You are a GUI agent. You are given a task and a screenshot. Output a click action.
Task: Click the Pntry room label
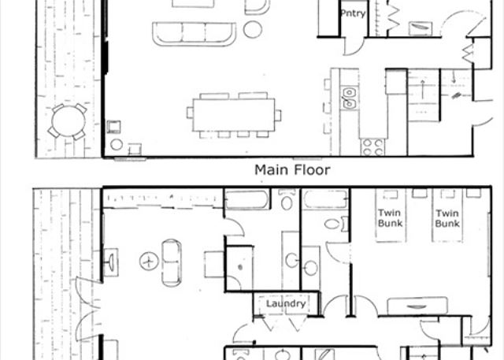coord(353,13)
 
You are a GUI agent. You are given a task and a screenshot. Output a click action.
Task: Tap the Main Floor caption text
coord(292,170)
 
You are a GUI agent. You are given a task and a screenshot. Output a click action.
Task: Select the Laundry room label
coord(286,304)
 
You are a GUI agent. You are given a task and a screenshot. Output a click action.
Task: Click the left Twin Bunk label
coord(390,218)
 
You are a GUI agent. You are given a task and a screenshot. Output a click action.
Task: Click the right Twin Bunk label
coord(447,218)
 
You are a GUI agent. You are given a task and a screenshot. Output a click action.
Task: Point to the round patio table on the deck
coord(69,121)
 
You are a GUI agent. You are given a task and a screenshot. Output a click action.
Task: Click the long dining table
coord(234,115)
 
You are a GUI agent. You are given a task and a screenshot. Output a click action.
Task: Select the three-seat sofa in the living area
coord(195,34)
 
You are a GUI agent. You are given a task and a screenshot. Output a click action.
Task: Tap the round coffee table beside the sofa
coord(253,29)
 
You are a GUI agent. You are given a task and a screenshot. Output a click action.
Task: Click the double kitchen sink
coord(349,98)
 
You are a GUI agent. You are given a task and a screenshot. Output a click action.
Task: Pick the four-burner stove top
coord(372,147)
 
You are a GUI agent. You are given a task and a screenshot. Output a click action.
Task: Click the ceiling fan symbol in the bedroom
coord(149,261)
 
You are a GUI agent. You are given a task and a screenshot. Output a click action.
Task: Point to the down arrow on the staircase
coord(454,78)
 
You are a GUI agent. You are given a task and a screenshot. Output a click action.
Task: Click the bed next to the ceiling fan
coord(172,263)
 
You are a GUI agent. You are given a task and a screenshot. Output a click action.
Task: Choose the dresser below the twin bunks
coord(417,306)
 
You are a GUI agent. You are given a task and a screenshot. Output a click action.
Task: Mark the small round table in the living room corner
coord(117,145)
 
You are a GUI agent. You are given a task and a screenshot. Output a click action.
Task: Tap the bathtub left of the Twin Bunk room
coord(325,199)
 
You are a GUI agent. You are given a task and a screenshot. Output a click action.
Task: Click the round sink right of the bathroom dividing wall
coord(310,268)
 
